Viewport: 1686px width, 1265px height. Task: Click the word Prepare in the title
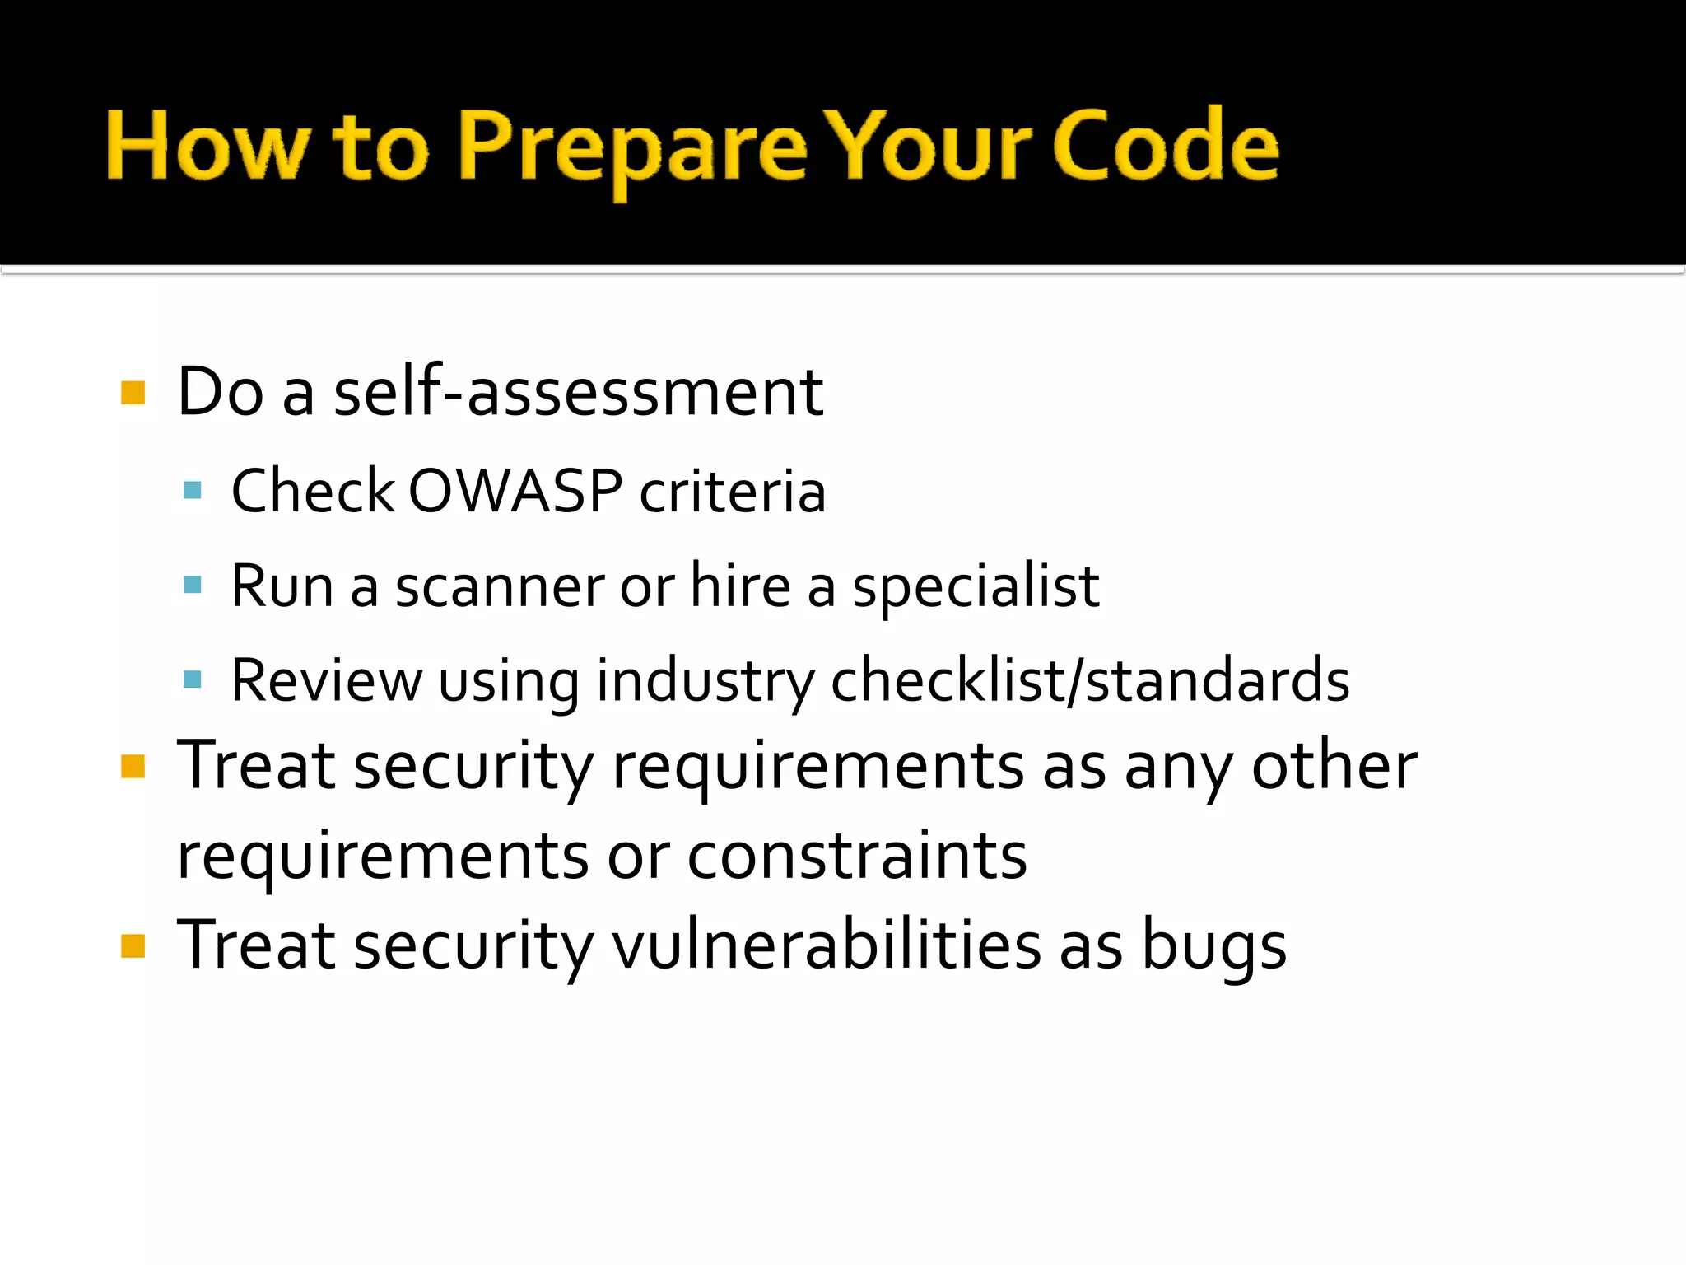point(632,148)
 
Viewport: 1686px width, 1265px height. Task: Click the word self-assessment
point(578,392)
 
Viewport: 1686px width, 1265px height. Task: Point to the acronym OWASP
point(515,491)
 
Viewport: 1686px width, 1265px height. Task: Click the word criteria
point(733,491)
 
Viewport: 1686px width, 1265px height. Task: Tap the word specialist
point(976,586)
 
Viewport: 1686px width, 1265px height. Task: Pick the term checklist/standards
point(1090,680)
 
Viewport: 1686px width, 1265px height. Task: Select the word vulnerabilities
point(827,945)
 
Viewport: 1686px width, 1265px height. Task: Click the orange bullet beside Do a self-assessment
point(133,393)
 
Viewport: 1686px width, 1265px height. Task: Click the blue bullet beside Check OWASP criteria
point(193,491)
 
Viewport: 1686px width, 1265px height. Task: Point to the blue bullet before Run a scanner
point(193,586)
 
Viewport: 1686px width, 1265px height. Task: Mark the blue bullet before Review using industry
point(193,679)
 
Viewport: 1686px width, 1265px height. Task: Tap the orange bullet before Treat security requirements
point(133,766)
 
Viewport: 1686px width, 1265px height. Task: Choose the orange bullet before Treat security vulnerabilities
point(133,945)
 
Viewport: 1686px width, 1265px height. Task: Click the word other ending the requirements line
point(1334,766)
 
